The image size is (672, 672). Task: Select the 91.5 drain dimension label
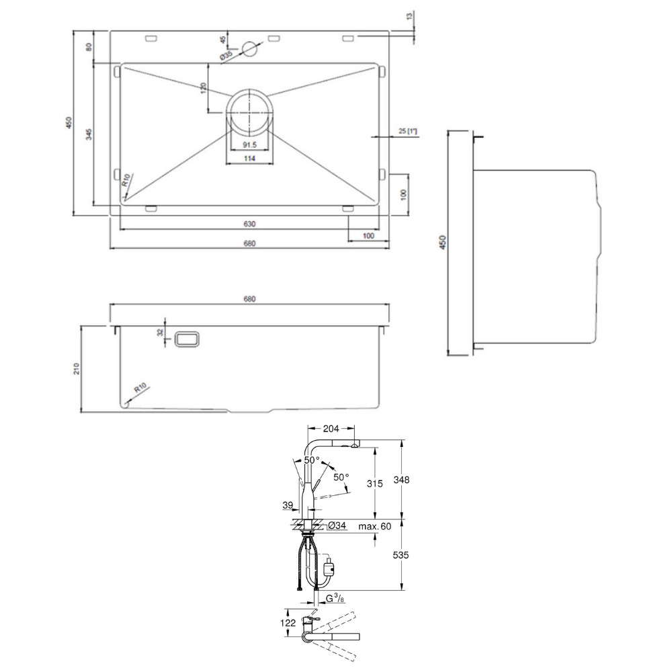click(x=249, y=145)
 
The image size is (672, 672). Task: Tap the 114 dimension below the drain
click(x=249, y=159)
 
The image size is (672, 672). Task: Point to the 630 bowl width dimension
click(x=249, y=224)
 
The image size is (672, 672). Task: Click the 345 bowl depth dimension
click(x=89, y=134)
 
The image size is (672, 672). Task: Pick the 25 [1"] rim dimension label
click(x=408, y=131)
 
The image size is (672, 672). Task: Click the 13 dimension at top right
click(x=409, y=16)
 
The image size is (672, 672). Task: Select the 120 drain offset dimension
click(x=204, y=88)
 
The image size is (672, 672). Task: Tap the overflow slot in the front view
click(x=187, y=339)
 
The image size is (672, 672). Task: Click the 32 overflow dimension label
click(x=161, y=332)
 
